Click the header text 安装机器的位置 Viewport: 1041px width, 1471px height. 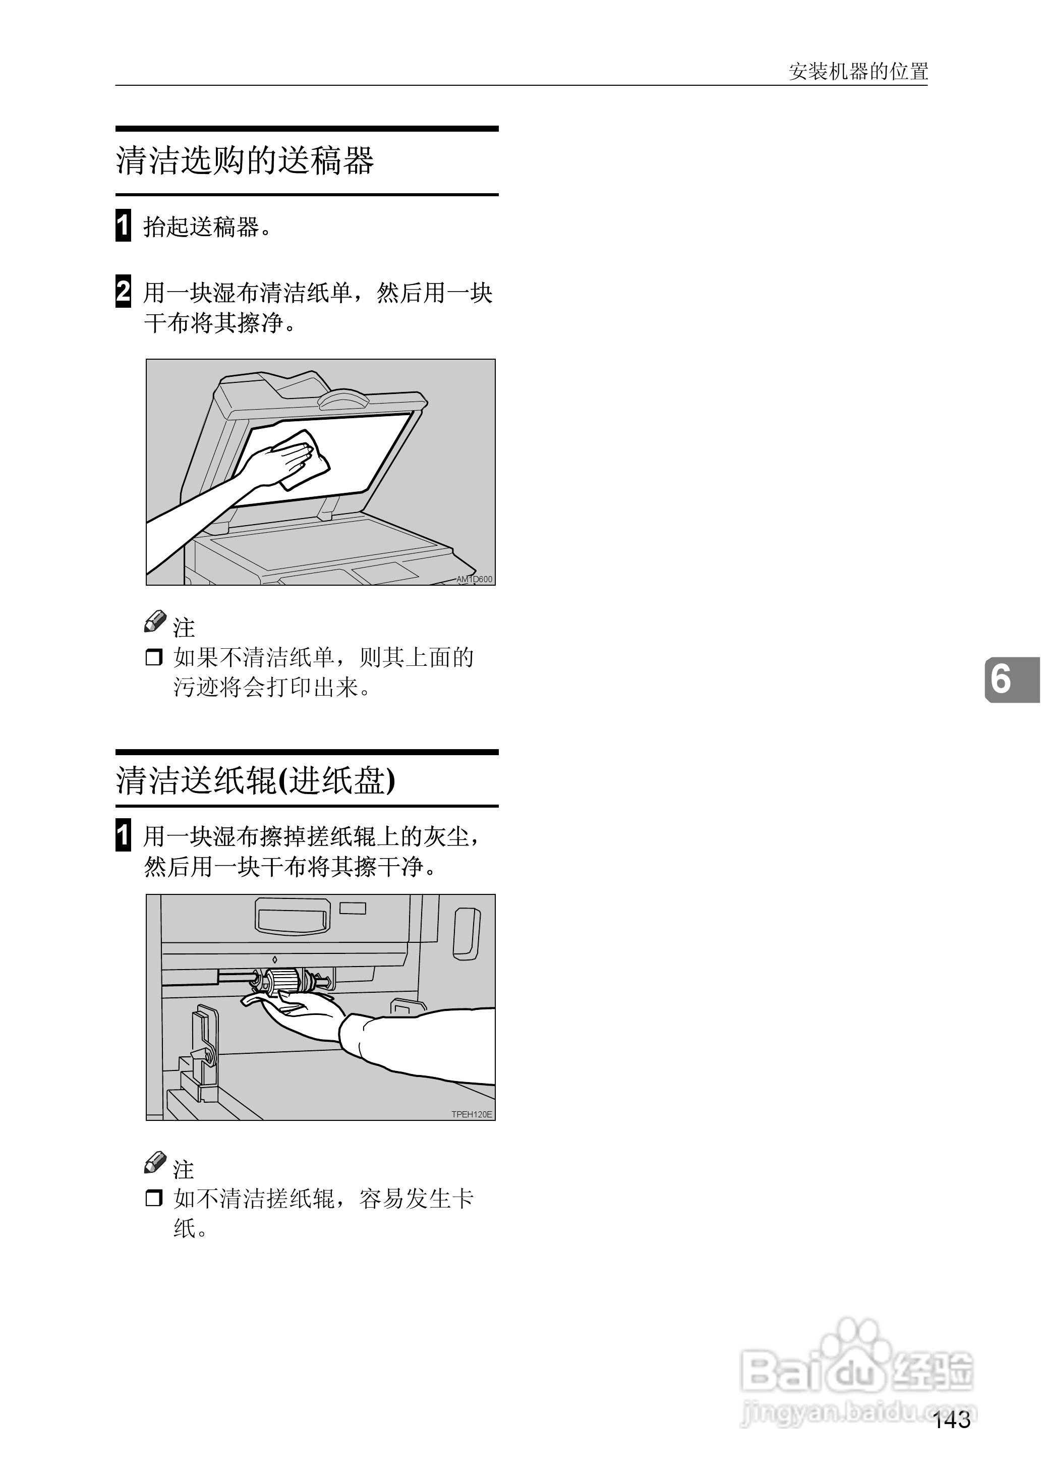tap(858, 71)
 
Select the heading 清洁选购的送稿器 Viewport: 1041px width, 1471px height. tap(245, 160)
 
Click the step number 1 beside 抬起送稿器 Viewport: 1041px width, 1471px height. tap(123, 225)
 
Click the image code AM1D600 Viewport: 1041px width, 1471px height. tap(474, 580)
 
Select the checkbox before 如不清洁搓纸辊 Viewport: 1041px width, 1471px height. tap(154, 1198)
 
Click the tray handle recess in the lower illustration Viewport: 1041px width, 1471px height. tap(293, 917)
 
